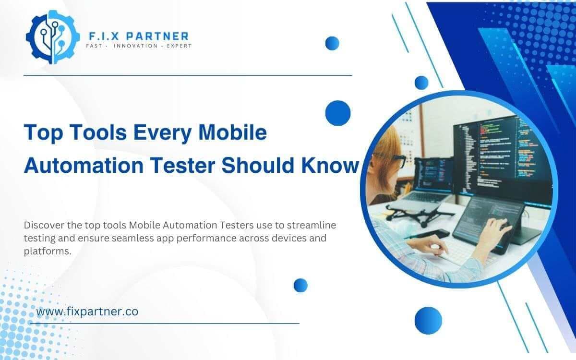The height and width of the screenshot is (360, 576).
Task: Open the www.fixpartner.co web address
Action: [x=87, y=312]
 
